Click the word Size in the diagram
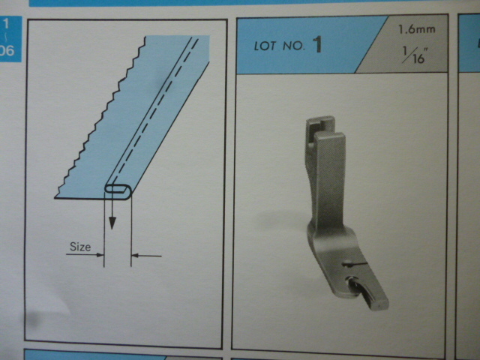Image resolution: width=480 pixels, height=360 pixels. (x=80, y=247)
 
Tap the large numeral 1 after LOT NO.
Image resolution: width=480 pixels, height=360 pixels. (x=317, y=44)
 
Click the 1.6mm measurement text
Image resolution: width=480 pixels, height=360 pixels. (x=416, y=29)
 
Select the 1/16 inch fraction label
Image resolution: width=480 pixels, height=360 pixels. (x=415, y=55)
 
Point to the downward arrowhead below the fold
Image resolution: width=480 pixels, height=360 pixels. (x=112, y=223)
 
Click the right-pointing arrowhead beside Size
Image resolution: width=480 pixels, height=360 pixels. (x=100, y=255)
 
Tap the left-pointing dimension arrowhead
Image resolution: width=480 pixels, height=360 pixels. (x=135, y=255)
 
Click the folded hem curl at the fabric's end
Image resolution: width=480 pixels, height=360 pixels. (x=118, y=192)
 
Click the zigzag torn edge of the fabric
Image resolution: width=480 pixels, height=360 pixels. (x=100, y=117)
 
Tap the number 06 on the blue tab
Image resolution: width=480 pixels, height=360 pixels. (x=7, y=50)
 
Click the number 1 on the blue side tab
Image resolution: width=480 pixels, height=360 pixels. (x=6, y=23)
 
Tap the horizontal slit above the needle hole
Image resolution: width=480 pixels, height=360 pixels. (x=355, y=263)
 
